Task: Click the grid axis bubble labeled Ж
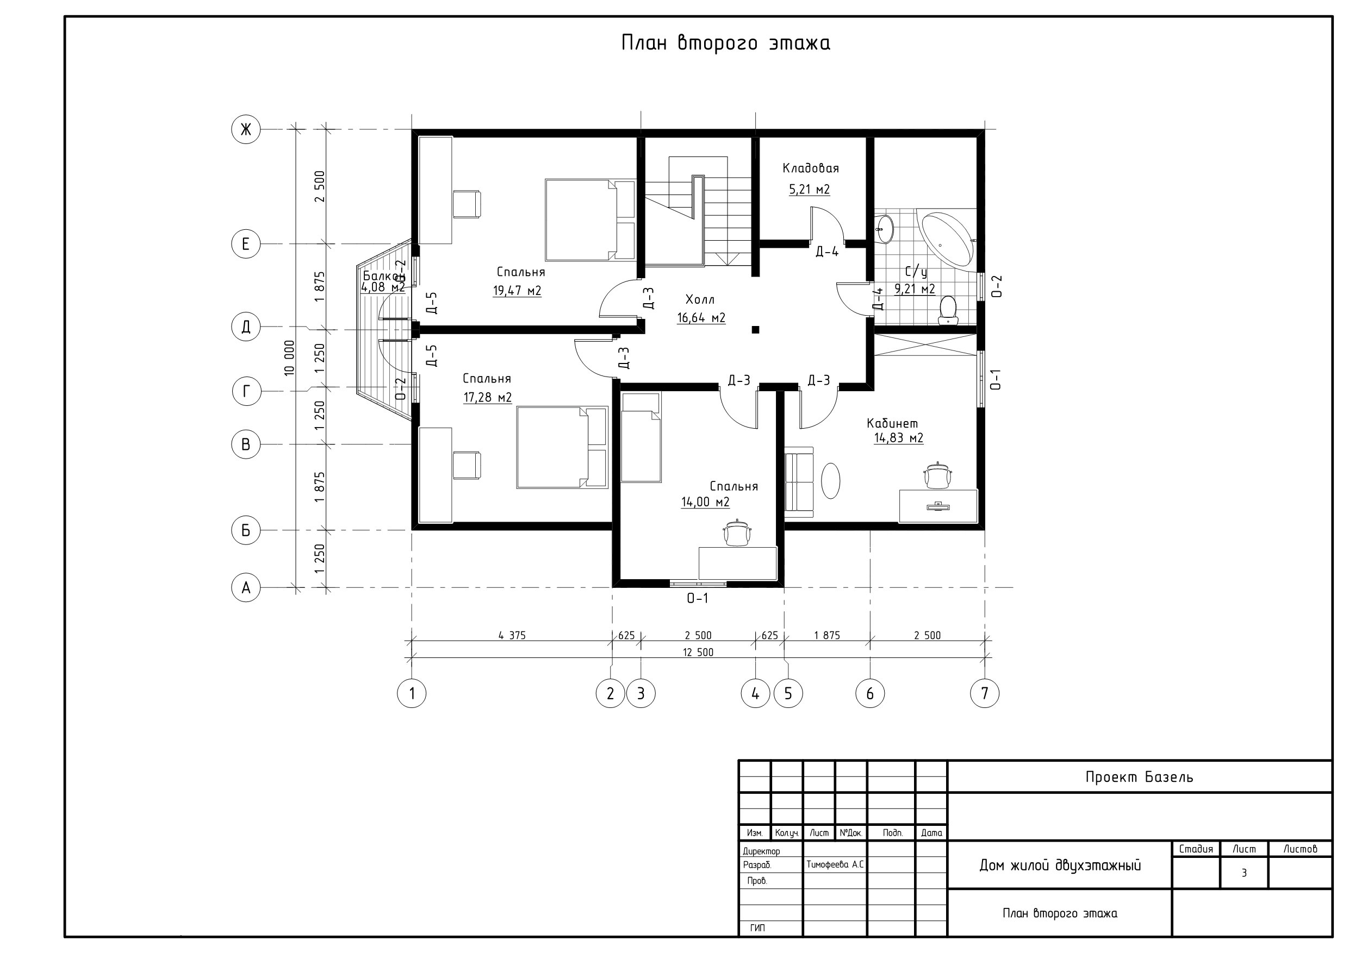(x=246, y=129)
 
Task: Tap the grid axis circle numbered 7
(x=985, y=693)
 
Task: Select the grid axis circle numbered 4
(x=756, y=693)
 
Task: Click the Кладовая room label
(x=810, y=168)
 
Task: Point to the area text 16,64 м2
(x=701, y=318)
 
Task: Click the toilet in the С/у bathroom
(x=948, y=311)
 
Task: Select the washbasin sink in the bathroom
(x=885, y=228)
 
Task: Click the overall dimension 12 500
(x=698, y=653)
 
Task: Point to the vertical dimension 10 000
(x=289, y=358)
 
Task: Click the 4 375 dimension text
(x=512, y=635)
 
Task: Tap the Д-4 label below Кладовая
(x=826, y=252)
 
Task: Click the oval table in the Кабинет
(x=830, y=481)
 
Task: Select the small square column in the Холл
(x=756, y=330)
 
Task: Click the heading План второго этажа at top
(x=726, y=43)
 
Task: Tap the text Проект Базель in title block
(x=1139, y=777)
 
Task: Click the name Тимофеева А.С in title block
(x=835, y=865)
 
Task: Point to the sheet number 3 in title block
(x=1244, y=873)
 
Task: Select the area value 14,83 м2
(x=898, y=438)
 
